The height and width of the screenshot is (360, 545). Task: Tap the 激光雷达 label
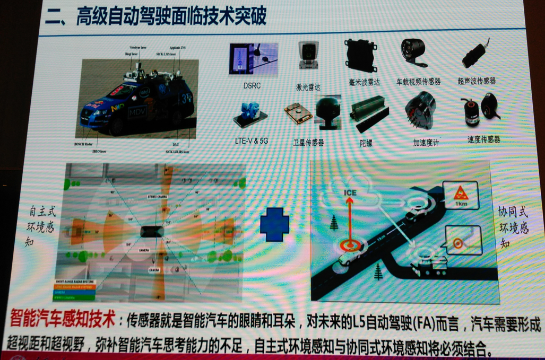coord(308,87)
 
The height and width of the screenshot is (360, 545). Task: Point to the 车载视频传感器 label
coord(419,82)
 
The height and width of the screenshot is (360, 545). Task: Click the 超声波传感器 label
coord(477,81)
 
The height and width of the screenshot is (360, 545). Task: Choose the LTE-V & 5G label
coord(251,141)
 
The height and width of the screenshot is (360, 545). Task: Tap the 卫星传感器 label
coord(308,143)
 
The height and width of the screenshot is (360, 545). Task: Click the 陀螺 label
coord(366,143)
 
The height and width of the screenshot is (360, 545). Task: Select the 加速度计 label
coord(426,143)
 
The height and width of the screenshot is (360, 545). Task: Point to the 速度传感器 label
coord(483,139)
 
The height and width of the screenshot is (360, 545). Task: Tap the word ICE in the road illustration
coord(350,193)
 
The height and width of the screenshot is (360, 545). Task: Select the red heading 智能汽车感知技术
coord(63,321)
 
